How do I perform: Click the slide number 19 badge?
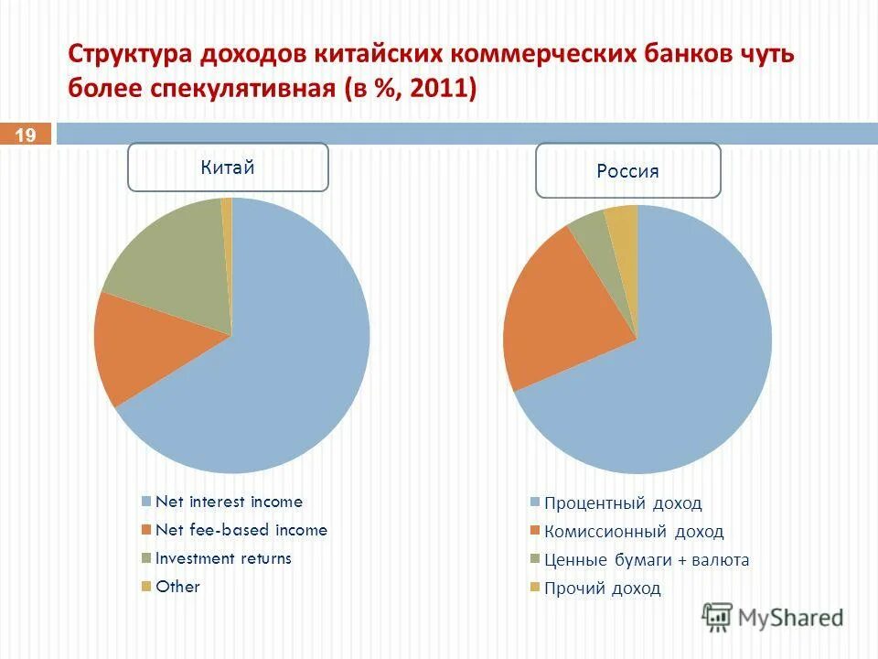(x=26, y=135)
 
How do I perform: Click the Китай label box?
(x=228, y=167)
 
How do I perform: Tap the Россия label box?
(x=627, y=170)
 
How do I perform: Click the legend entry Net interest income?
(x=229, y=502)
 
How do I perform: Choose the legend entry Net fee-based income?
(x=241, y=530)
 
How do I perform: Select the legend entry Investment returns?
(x=223, y=558)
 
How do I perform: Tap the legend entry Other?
(x=177, y=587)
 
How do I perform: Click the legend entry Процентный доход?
(x=623, y=503)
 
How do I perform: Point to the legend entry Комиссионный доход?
(x=633, y=532)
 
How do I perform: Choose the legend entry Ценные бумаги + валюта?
(x=646, y=560)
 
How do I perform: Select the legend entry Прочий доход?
(x=602, y=589)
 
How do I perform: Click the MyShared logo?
(x=773, y=617)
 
